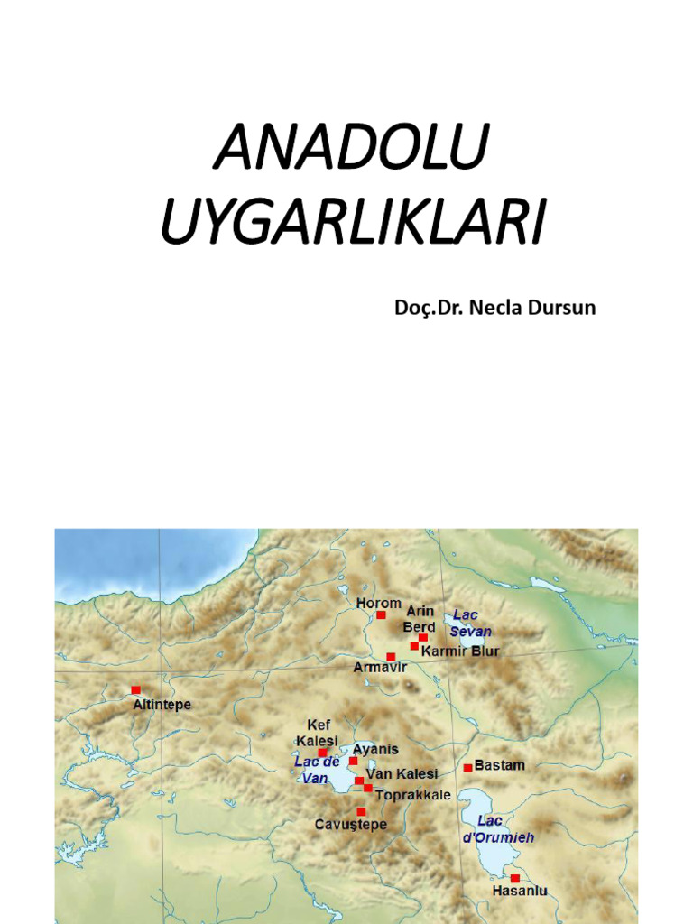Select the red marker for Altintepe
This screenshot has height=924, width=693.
[x=136, y=689]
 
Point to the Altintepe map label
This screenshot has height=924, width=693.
[x=162, y=705]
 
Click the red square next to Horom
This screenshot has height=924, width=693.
[x=381, y=614]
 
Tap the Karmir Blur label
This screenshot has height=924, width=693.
[x=460, y=651]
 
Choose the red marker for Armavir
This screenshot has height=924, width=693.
[x=391, y=657]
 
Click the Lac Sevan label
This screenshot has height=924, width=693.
[x=471, y=623]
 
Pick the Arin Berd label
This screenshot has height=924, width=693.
[x=420, y=619]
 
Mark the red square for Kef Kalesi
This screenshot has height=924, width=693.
[x=322, y=752]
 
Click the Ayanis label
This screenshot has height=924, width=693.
[x=375, y=749]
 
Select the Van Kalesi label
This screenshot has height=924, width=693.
[x=402, y=774]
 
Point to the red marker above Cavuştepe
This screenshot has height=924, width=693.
[x=361, y=811]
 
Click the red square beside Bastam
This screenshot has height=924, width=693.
[x=468, y=768]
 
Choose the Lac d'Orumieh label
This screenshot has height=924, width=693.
[x=498, y=829]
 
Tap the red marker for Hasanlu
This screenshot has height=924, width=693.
[x=514, y=878]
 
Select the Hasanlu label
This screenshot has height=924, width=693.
[x=520, y=892]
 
